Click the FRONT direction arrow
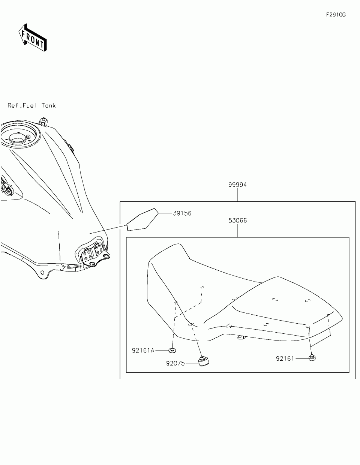click(x=33, y=37)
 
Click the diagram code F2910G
click(x=335, y=15)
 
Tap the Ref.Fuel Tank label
click(x=32, y=106)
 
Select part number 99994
click(x=237, y=185)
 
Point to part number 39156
click(x=182, y=213)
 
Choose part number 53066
click(x=237, y=220)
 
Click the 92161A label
click(x=143, y=351)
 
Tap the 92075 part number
click(x=175, y=363)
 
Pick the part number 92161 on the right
click(x=285, y=358)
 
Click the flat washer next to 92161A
click(x=172, y=350)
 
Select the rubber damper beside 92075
click(x=203, y=361)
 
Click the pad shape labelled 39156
click(x=141, y=219)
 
